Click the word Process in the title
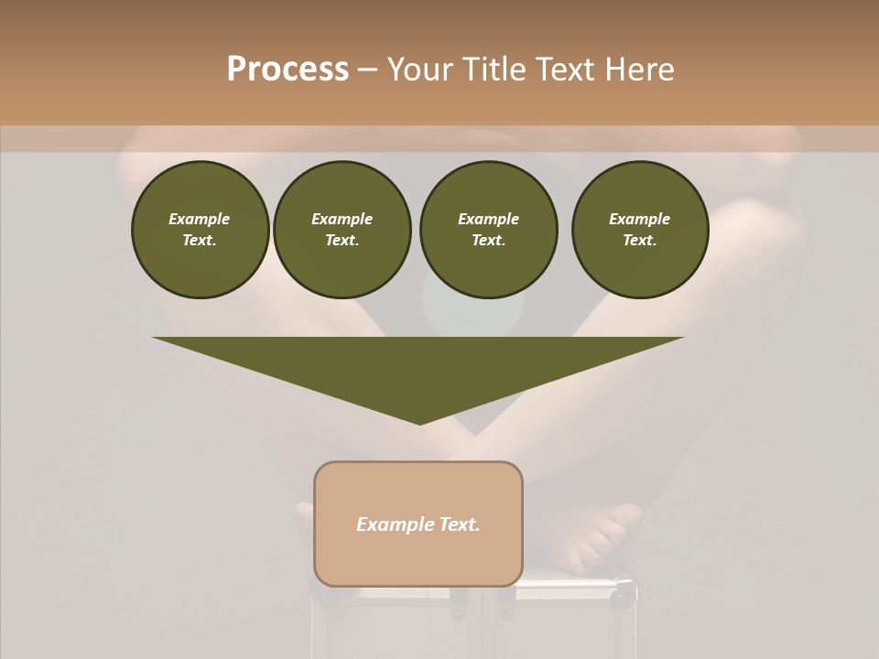(288, 70)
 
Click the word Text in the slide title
(567, 70)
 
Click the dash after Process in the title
(367, 70)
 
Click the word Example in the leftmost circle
(200, 219)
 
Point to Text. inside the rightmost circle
(639, 240)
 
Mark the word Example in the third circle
(488, 219)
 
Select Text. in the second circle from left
(342, 240)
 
